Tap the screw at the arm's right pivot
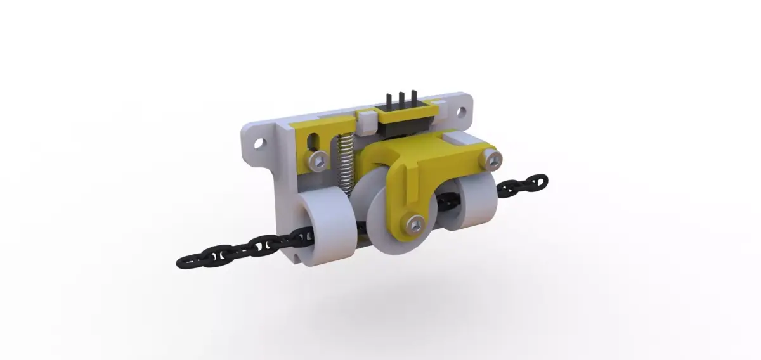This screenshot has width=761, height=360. pos(492,159)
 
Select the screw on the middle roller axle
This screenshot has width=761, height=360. pos(415,222)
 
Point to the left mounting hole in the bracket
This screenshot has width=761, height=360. pos(258,143)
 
